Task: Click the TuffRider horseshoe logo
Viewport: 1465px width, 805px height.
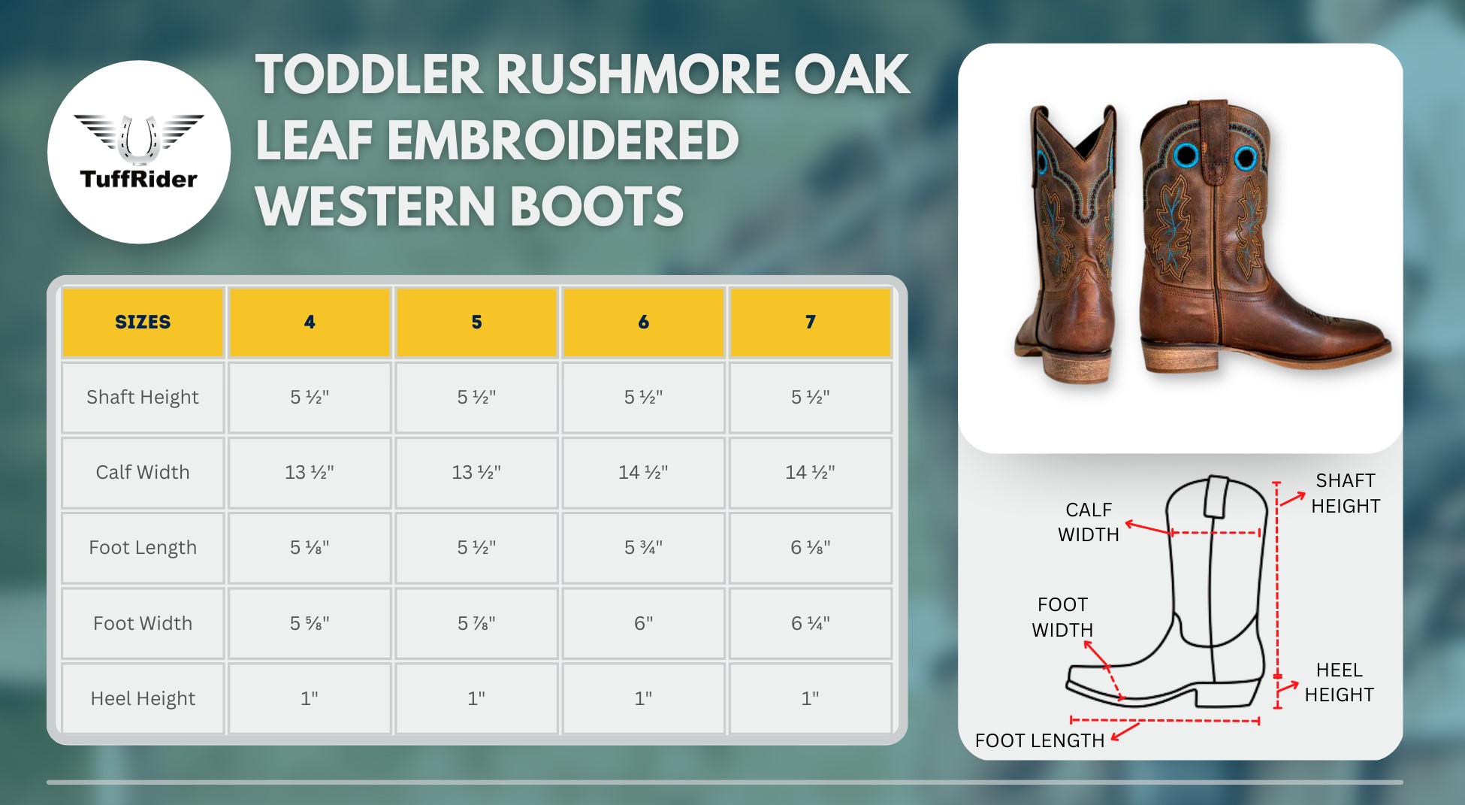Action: coord(139,140)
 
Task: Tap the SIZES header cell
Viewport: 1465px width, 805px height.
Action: coord(143,322)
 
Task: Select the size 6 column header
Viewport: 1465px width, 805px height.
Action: coord(644,322)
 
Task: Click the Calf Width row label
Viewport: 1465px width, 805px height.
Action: coord(143,472)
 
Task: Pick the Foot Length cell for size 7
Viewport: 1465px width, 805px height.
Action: coord(811,548)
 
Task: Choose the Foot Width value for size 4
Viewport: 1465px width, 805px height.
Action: coord(310,623)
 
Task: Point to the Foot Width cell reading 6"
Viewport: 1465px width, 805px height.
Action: coord(644,623)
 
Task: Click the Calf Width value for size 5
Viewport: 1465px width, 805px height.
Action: coord(476,472)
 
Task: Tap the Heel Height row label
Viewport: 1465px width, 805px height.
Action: coord(143,698)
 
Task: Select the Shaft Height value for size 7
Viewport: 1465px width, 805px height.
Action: coord(811,397)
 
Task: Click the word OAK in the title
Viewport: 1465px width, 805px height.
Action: coord(852,75)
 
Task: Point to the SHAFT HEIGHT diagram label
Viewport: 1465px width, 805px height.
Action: coord(1346,493)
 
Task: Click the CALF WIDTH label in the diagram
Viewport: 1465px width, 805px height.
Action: coord(1089,522)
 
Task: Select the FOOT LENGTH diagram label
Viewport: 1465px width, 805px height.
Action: coord(1040,740)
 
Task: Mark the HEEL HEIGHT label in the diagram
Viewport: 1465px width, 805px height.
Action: coord(1339,682)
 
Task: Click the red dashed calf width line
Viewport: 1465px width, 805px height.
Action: coord(1215,533)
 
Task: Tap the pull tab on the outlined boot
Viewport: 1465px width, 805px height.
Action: coord(1216,497)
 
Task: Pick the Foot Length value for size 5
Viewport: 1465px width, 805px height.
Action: coord(476,548)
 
